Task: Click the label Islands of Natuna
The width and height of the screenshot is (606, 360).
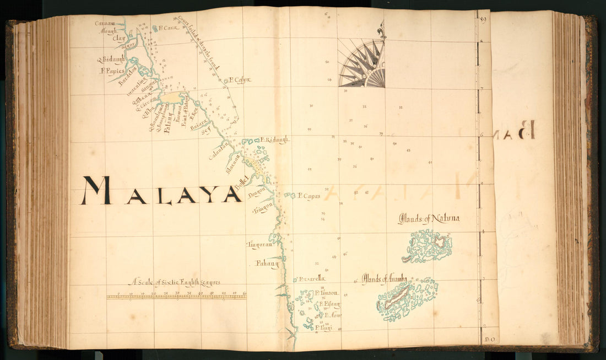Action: point(429,219)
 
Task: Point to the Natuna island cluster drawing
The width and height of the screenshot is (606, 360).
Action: point(429,246)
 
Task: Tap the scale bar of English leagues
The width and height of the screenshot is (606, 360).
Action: point(176,297)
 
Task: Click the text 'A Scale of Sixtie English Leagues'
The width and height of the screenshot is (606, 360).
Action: point(175,283)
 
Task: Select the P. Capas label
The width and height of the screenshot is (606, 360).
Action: point(309,196)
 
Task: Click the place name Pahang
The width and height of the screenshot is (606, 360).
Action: point(267,264)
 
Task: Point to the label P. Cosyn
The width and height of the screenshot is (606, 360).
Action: point(239,80)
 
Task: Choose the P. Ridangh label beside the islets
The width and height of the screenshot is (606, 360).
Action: point(275,140)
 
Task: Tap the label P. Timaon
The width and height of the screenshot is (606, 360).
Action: point(327,293)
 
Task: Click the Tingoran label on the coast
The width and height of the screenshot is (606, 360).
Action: point(258,244)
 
